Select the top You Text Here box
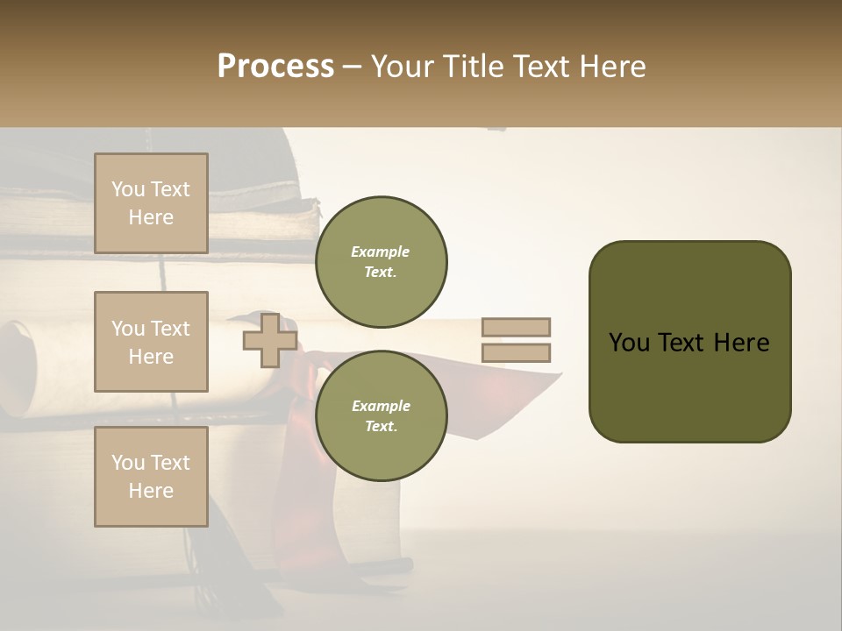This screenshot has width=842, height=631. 151,203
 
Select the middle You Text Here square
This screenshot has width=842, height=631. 151,342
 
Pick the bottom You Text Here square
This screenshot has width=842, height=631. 151,477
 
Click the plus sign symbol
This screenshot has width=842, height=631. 269,340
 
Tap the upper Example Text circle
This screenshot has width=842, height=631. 381,261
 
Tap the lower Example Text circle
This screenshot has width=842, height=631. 381,415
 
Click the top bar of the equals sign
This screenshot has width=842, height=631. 516,328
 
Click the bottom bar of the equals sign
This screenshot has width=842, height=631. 516,353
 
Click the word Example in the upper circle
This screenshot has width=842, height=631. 380,252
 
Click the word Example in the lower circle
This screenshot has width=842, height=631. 380,406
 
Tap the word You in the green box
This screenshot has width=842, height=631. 628,343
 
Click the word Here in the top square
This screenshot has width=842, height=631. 151,217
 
